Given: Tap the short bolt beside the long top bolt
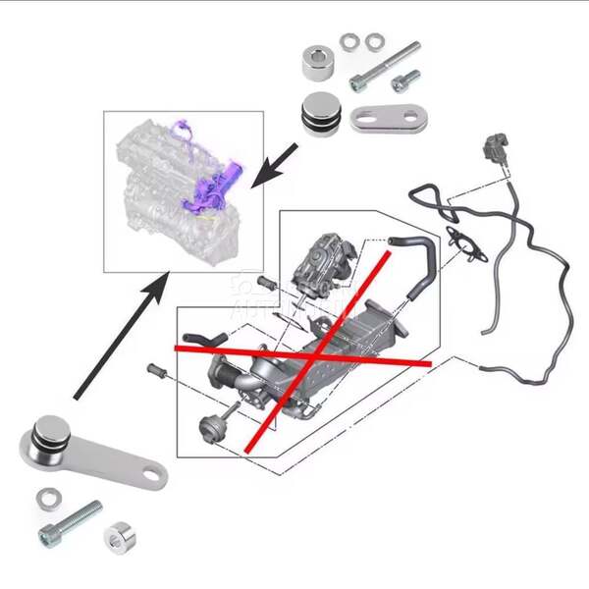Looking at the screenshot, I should tap(403, 80).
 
